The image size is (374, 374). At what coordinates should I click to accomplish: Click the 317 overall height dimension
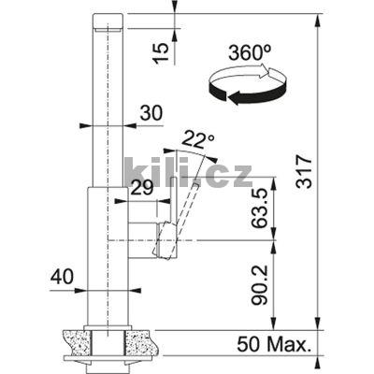(x=304, y=171)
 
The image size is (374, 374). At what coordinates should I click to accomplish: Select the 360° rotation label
(x=250, y=52)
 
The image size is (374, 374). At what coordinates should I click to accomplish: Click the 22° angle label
(x=197, y=139)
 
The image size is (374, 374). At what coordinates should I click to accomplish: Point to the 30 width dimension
(x=151, y=113)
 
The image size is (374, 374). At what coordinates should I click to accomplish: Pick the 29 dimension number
(x=142, y=188)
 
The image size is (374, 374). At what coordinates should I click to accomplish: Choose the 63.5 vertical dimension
(x=260, y=209)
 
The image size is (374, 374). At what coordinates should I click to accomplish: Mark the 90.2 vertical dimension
(x=260, y=284)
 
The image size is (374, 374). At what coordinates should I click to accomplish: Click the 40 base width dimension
(x=63, y=277)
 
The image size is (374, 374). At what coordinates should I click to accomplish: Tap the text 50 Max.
(x=272, y=345)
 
